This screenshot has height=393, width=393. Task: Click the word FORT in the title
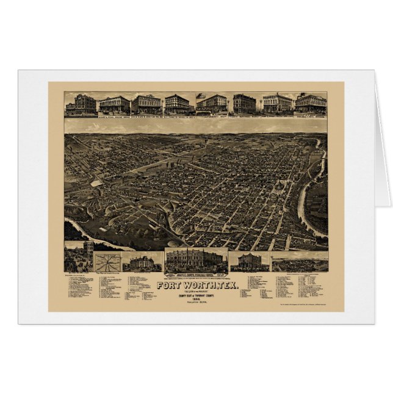click(x=168, y=285)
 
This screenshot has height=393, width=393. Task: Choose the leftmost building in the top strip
click(x=81, y=104)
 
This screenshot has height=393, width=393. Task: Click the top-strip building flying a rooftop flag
click(x=211, y=104)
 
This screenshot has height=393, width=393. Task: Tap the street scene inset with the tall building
click(x=79, y=256)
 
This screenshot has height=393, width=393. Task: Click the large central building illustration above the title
click(x=196, y=261)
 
